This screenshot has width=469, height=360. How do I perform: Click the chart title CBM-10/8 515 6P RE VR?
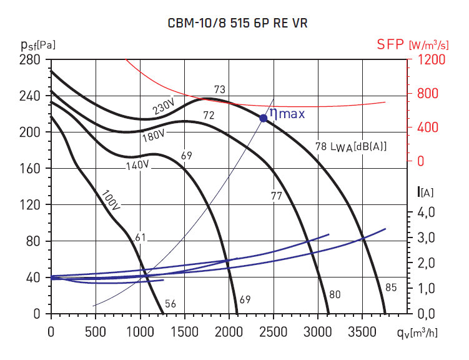(237, 23)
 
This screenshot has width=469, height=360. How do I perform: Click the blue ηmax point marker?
(264, 117)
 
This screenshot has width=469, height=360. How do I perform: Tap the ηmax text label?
(287, 114)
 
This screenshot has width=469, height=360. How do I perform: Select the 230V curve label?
(164, 107)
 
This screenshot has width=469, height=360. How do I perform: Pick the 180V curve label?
(154, 134)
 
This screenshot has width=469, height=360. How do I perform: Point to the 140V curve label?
(137, 165)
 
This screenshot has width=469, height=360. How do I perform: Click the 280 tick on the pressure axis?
(32, 60)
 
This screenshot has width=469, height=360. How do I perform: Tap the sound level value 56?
(170, 304)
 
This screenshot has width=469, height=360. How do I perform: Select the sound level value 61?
(140, 237)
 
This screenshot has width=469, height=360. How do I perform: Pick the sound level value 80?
(335, 294)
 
